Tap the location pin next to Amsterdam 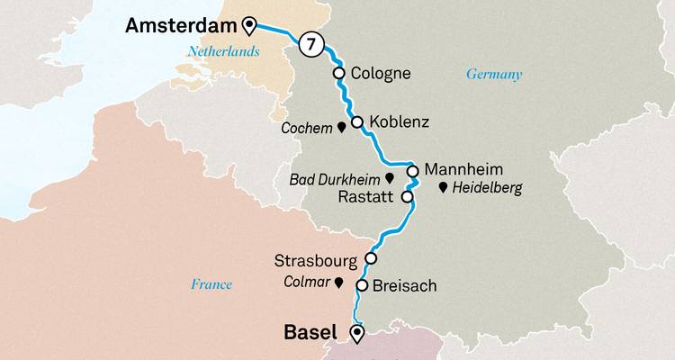249,26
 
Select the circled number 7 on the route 311,44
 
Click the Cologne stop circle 339,74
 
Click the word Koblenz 398,122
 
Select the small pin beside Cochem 341,128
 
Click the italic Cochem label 306,128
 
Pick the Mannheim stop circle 411,171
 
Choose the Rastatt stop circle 407,196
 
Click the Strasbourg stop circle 370,258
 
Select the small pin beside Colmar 338,283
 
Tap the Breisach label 404,286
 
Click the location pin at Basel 357,334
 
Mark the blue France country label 211,284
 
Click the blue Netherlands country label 223,52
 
